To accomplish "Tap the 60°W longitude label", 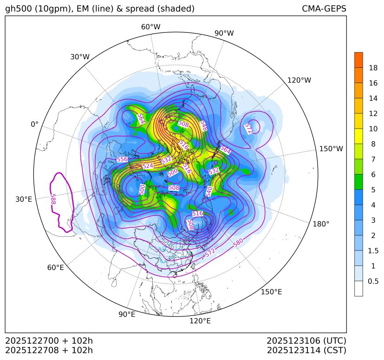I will (150, 27).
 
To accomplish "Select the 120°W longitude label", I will (299, 80).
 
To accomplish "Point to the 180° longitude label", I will (321, 224).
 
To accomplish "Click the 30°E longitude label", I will (24, 199).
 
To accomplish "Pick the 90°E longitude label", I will (127, 315).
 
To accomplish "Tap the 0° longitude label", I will (34, 124).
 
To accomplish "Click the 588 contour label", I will (53, 199).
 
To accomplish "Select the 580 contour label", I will (239, 242).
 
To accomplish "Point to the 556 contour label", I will (122, 159).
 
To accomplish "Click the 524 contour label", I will (148, 166).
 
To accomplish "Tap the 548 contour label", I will (203, 125).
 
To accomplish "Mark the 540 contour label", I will (209, 191).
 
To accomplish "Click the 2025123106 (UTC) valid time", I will (306, 341).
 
